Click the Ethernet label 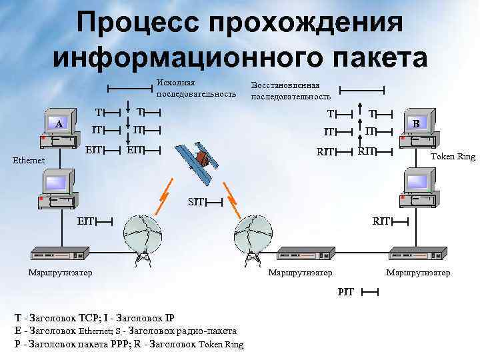28,160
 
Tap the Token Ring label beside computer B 453,157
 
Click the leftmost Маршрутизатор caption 60,272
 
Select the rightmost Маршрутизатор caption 418,273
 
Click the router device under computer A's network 60,254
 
